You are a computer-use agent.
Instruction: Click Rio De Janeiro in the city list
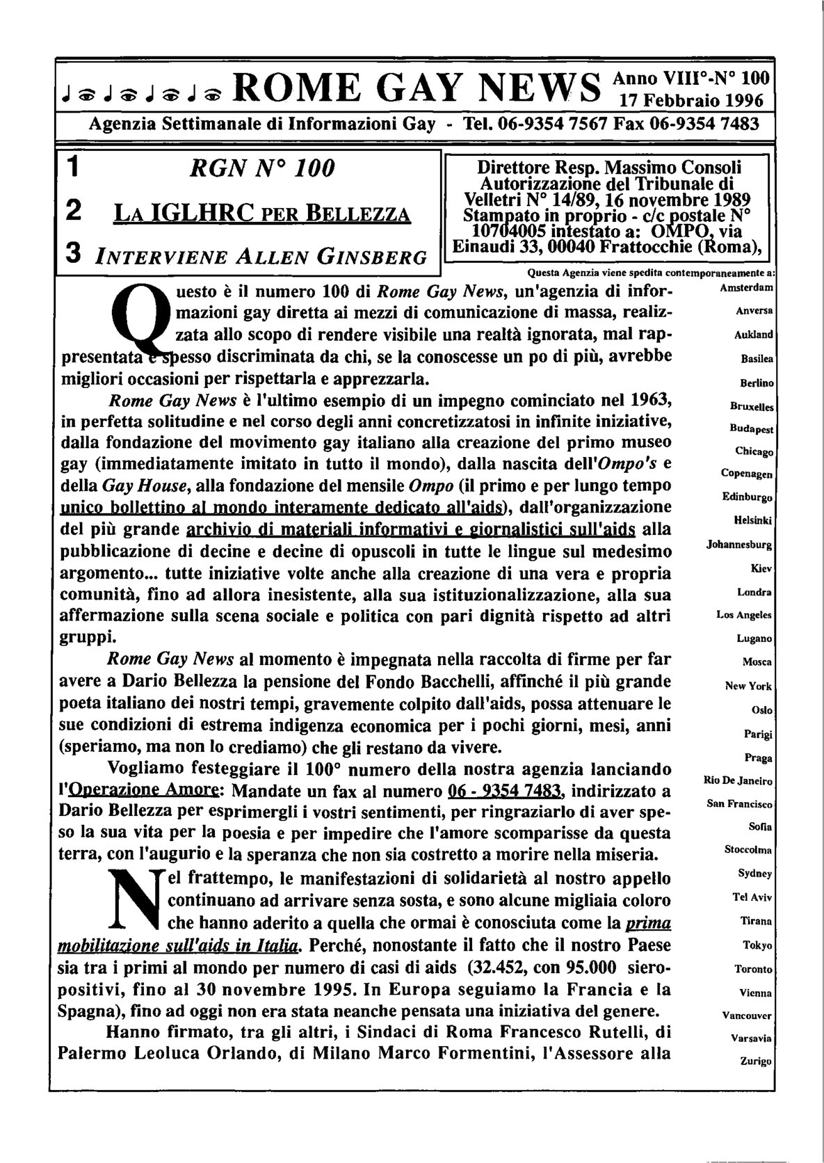click(738, 781)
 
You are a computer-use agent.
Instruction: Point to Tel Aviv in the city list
click(754, 897)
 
